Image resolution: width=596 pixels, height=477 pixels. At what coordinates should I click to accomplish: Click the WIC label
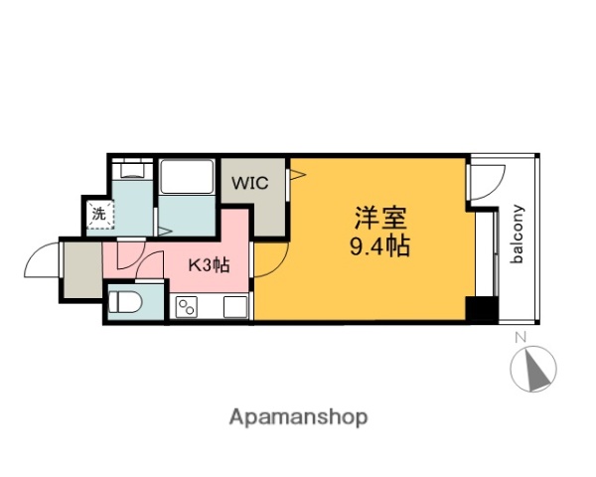click(x=249, y=184)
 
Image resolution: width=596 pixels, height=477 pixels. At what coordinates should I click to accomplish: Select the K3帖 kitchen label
click(x=210, y=265)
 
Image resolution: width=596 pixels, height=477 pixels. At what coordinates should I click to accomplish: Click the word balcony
click(x=518, y=235)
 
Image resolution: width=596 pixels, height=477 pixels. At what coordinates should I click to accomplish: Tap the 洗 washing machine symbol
click(x=98, y=213)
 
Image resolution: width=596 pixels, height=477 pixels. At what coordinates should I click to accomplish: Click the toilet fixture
click(x=125, y=301)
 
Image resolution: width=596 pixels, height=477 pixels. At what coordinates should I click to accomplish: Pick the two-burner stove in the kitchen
click(x=187, y=307)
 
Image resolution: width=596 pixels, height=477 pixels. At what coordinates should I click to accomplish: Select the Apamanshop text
click(x=298, y=417)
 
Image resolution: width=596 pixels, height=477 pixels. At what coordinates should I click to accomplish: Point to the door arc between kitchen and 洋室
click(x=271, y=260)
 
